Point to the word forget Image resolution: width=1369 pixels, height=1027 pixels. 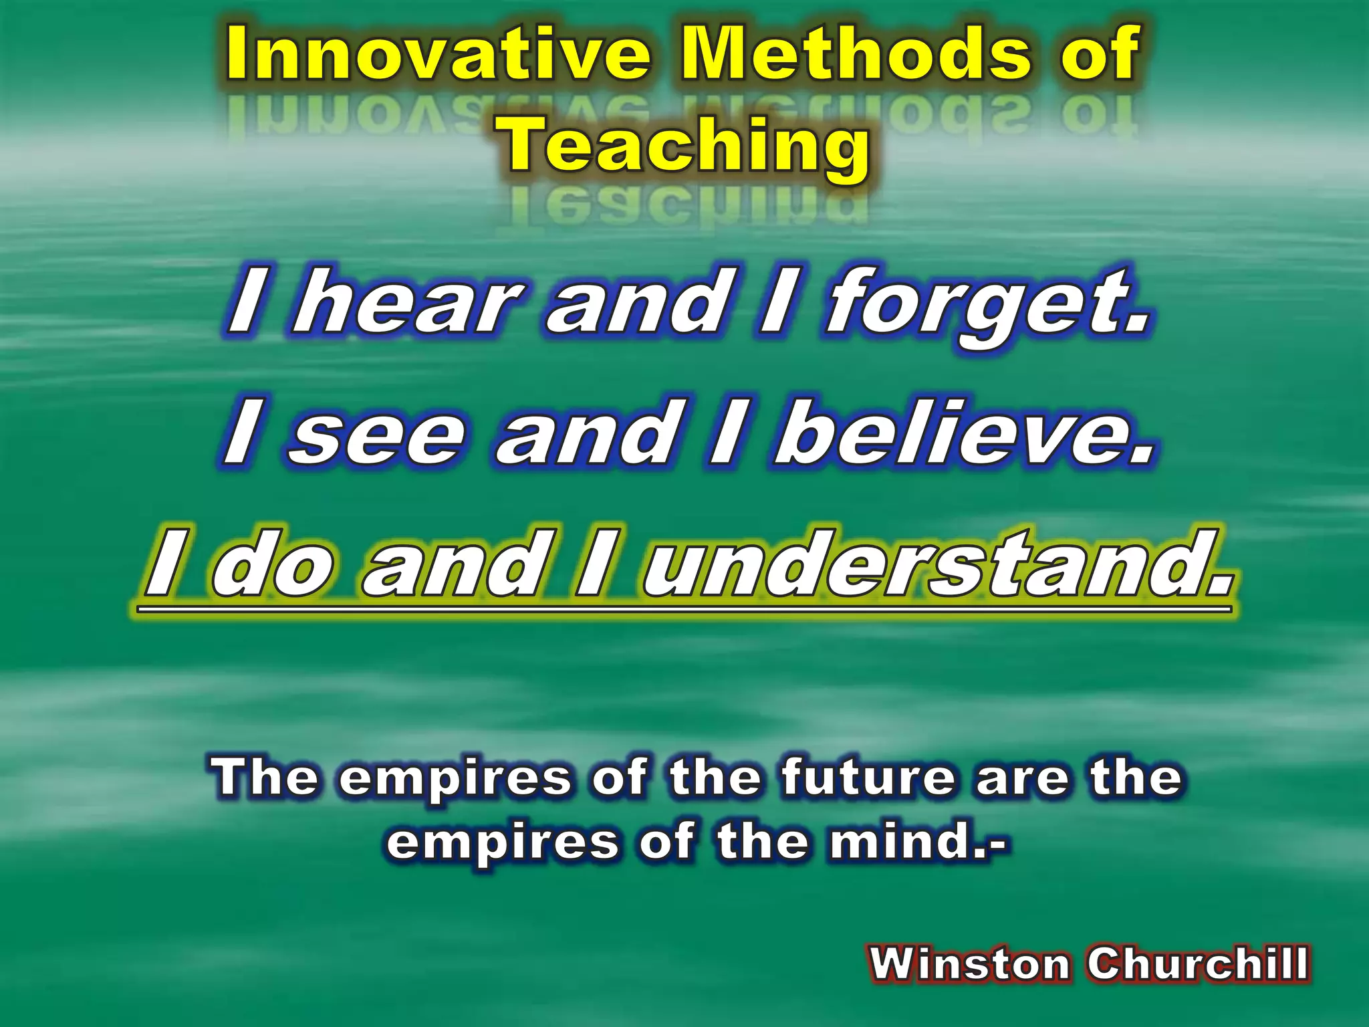pos(989,304)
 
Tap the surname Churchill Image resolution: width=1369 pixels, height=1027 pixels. pos(1197,963)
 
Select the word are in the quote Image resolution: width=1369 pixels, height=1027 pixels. pos(1020,779)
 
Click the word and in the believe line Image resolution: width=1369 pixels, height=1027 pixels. pos(585,435)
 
